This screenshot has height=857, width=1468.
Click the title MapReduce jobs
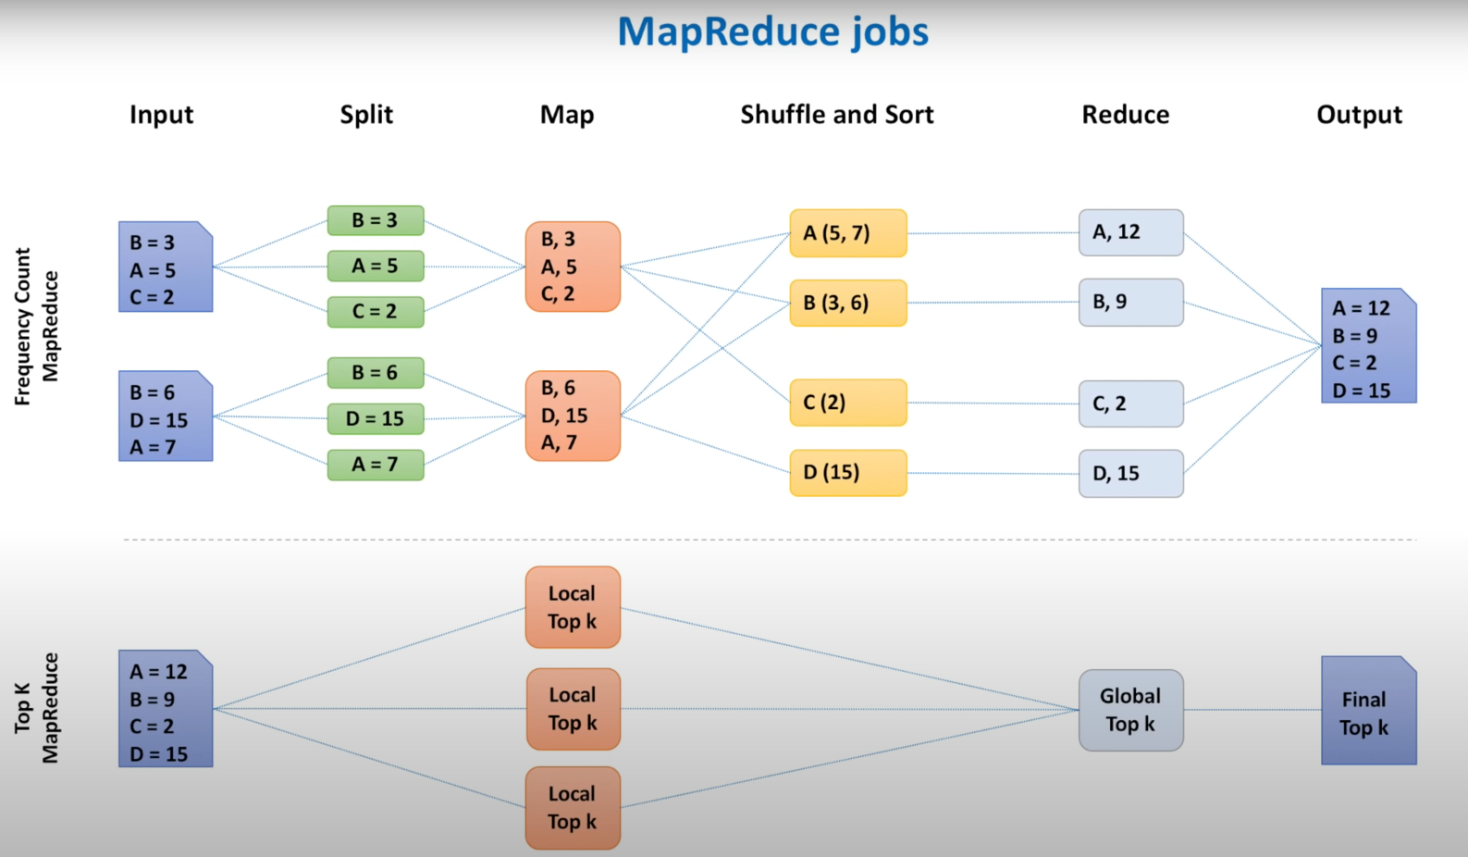click(x=772, y=31)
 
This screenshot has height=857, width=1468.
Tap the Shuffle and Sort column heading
click(x=836, y=115)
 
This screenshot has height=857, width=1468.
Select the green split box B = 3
click(x=375, y=220)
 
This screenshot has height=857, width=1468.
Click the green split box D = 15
click(x=375, y=418)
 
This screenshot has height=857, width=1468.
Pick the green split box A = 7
click(x=375, y=465)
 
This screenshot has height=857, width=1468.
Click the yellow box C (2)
click(x=847, y=403)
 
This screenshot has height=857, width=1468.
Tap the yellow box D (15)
click(x=847, y=473)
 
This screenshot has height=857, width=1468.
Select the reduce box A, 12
click(x=1130, y=232)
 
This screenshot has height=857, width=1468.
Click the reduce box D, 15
click(x=1130, y=474)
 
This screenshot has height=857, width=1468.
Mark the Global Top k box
click(x=1130, y=710)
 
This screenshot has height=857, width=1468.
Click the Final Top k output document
click(x=1368, y=711)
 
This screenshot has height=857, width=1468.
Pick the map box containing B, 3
click(x=573, y=267)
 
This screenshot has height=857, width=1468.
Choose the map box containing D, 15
click(x=573, y=416)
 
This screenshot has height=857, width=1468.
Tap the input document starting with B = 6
click(x=166, y=416)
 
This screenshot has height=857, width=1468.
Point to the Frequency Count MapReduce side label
click(x=36, y=326)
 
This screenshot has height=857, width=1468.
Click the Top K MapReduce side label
click(x=36, y=708)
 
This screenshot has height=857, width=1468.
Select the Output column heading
click(x=1359, y=115)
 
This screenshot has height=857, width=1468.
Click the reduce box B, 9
click(x=1130, y=303)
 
